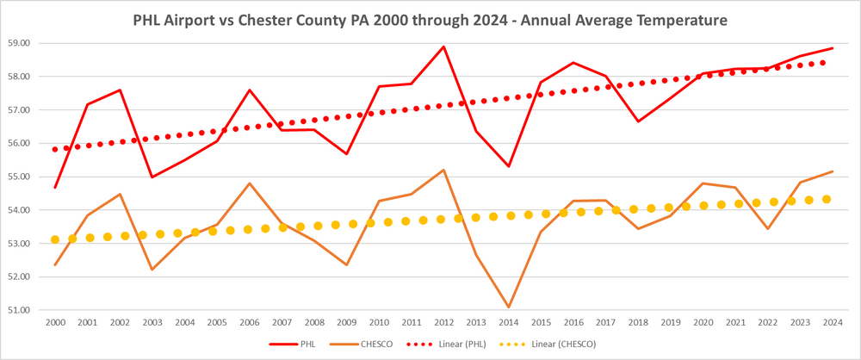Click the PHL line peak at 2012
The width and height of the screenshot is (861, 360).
(443, 47)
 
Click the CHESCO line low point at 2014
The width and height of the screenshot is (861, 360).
(508, 307)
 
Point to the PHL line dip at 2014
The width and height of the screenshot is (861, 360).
(508, 166)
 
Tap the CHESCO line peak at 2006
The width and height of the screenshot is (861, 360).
(249, 183)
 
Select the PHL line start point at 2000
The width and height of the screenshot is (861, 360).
(55, 187)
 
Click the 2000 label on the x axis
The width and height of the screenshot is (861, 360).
(55, 323)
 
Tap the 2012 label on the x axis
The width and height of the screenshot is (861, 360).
(443, 323)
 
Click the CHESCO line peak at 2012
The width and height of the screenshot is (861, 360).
(443, 170)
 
